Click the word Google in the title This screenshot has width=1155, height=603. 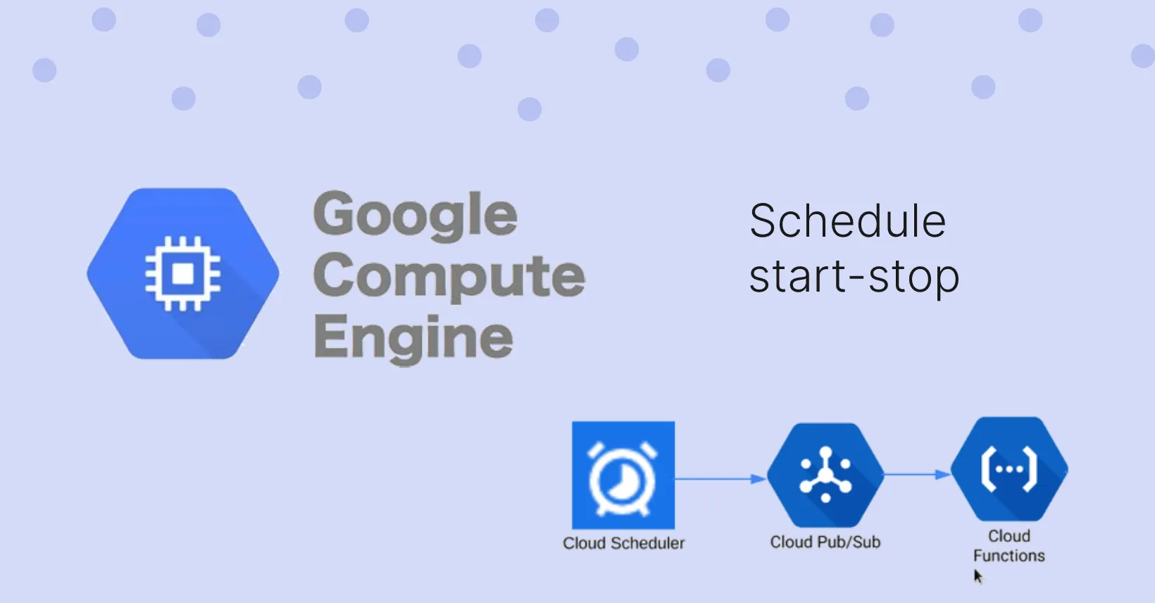coord(416,216)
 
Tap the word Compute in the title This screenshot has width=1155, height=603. coord(449,276)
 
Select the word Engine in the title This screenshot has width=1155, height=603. coord(413,337)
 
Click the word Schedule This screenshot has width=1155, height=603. coord(847,221)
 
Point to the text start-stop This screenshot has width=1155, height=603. coord(854,277)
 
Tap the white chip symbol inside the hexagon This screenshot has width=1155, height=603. coord(183,273)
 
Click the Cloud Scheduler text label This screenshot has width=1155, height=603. coord(623,543)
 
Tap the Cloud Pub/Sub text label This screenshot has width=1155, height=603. coord(825,542)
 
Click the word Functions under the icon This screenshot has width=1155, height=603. coord(1009,556)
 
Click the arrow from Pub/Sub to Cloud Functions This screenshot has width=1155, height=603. coord(916,475)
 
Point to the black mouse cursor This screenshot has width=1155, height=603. coord(978,577)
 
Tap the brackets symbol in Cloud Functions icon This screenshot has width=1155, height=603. coord(1009,469)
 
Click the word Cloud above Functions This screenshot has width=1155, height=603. coord(1009,536)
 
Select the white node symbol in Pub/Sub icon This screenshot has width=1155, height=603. coord(825,475)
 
